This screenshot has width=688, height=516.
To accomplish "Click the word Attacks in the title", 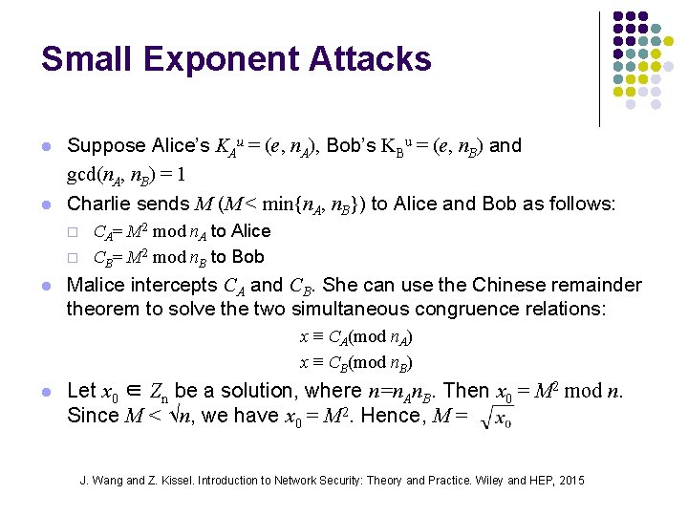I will (368, 59).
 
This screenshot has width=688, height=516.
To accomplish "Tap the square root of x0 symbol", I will (497, 418).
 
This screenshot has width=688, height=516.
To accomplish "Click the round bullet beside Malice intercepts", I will (45, 286).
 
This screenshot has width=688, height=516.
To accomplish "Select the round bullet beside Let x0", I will (45, 392).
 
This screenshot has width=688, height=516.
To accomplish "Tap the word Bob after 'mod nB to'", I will (248, 257).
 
